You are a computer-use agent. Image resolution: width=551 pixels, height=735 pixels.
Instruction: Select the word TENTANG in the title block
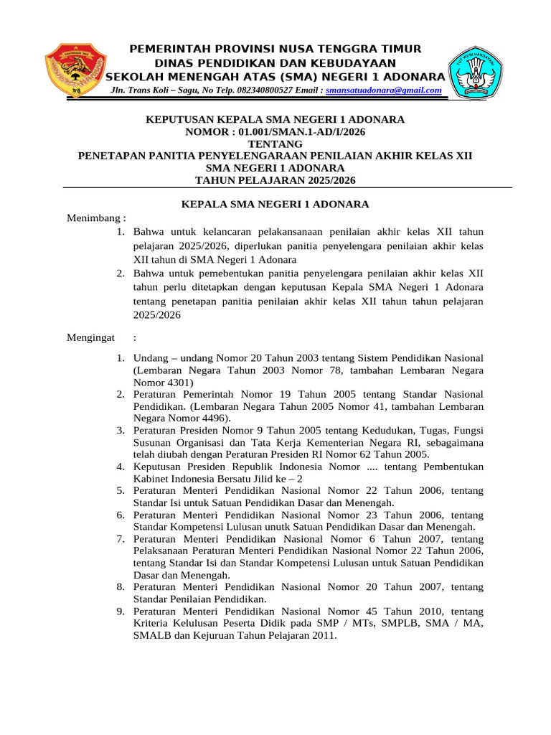coord(275,144)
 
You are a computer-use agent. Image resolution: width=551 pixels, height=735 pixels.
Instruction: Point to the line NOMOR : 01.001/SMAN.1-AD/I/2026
coord(275,131)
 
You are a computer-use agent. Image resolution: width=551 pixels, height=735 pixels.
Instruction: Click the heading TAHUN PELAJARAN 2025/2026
coord(275,180)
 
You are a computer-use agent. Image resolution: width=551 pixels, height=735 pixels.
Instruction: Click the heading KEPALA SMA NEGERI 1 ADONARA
coord(275,205)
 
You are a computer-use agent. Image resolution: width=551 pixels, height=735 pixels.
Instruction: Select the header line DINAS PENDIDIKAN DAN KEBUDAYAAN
coord(275,62)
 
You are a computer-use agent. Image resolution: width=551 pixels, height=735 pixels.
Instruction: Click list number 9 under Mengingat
coord(121,612)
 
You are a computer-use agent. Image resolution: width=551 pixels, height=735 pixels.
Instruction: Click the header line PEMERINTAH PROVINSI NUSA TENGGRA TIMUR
coord(275,49)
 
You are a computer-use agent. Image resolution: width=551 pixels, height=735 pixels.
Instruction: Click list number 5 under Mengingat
coord(121,491)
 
